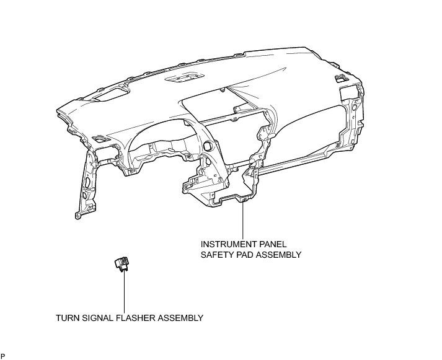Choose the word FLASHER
click(x=133, y=318)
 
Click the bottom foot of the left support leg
click(x=78, y=215)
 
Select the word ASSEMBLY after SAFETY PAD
click(x=280, y=254)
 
